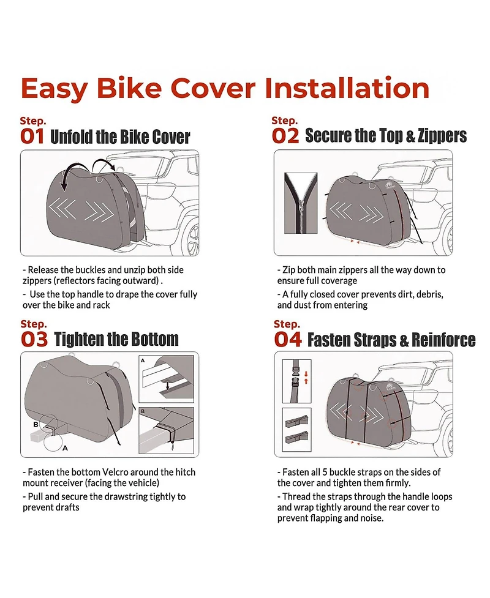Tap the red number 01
tap(32, 136)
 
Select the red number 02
tap(285, 135)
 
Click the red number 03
tap(34, 338)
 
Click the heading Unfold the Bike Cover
tap(120, 136)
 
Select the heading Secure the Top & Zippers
tap(386, 135)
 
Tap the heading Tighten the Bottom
tap(116, 339)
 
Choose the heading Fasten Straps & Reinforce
tap(391, 340)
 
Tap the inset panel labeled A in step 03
tap(166, 378)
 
